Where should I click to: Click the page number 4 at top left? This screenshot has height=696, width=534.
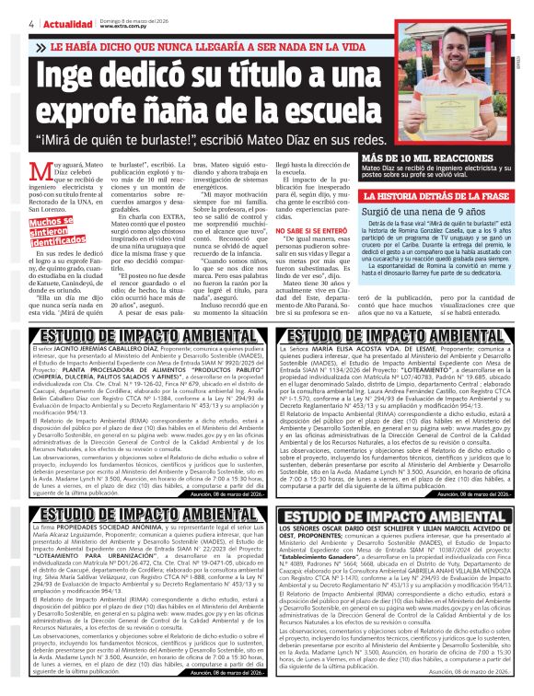(31, 23)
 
